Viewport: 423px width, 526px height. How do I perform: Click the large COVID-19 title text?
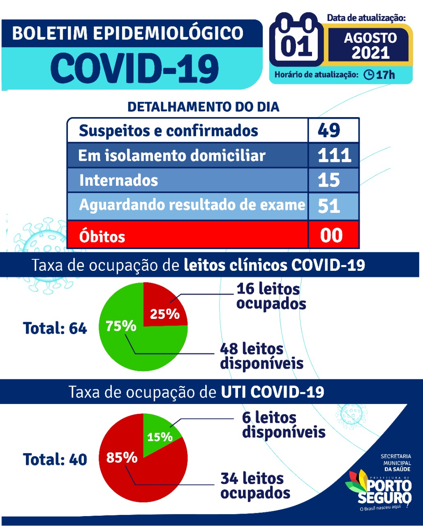135,68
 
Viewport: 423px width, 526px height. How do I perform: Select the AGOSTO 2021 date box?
370,45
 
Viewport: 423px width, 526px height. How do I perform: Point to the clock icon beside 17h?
369,75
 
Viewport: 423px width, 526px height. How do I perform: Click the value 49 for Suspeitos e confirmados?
329,130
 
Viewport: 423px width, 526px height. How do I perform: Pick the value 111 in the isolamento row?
334,155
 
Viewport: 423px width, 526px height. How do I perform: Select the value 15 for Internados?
329,180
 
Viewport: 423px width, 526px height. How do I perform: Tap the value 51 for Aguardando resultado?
329,205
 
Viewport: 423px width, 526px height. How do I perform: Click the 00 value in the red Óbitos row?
331,235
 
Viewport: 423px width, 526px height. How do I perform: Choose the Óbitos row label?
102,237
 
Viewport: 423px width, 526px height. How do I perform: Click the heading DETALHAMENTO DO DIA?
203,107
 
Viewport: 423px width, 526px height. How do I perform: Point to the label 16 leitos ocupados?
271,296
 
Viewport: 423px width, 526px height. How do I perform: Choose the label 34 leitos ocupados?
255,485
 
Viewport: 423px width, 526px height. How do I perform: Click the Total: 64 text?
55,328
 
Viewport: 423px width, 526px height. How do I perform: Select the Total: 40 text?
55,459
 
